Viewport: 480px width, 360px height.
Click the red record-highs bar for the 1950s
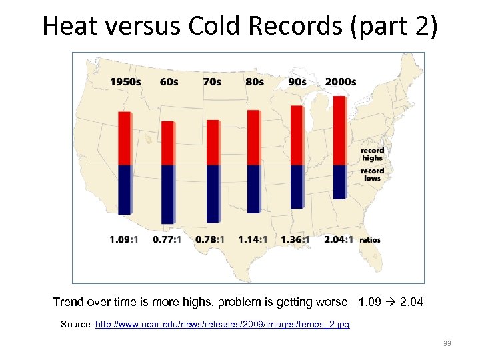point(125,138)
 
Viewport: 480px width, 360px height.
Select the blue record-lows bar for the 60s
point(168,194)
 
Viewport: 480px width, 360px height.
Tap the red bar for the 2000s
point(339,131)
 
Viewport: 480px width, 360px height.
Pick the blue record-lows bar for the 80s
point(253,189)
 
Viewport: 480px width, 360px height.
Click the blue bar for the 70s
point(213,193)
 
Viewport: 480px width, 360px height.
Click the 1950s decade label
point(125,82)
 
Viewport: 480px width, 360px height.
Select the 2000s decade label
point(340,82)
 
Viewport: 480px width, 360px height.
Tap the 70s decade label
point(211,82)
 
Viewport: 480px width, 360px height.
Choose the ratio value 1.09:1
point(124,239)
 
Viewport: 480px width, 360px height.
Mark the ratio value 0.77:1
point(167,239)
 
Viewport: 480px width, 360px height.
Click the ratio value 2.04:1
point(339,239)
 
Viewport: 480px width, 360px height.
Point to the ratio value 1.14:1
point(253,239)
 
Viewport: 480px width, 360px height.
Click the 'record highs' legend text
point(372,154)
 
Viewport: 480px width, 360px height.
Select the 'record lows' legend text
point(373,174)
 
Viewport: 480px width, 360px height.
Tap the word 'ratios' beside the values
point(371,239)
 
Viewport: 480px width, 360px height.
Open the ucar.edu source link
point(223,325)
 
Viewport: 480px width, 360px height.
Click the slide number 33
point(447,343)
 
